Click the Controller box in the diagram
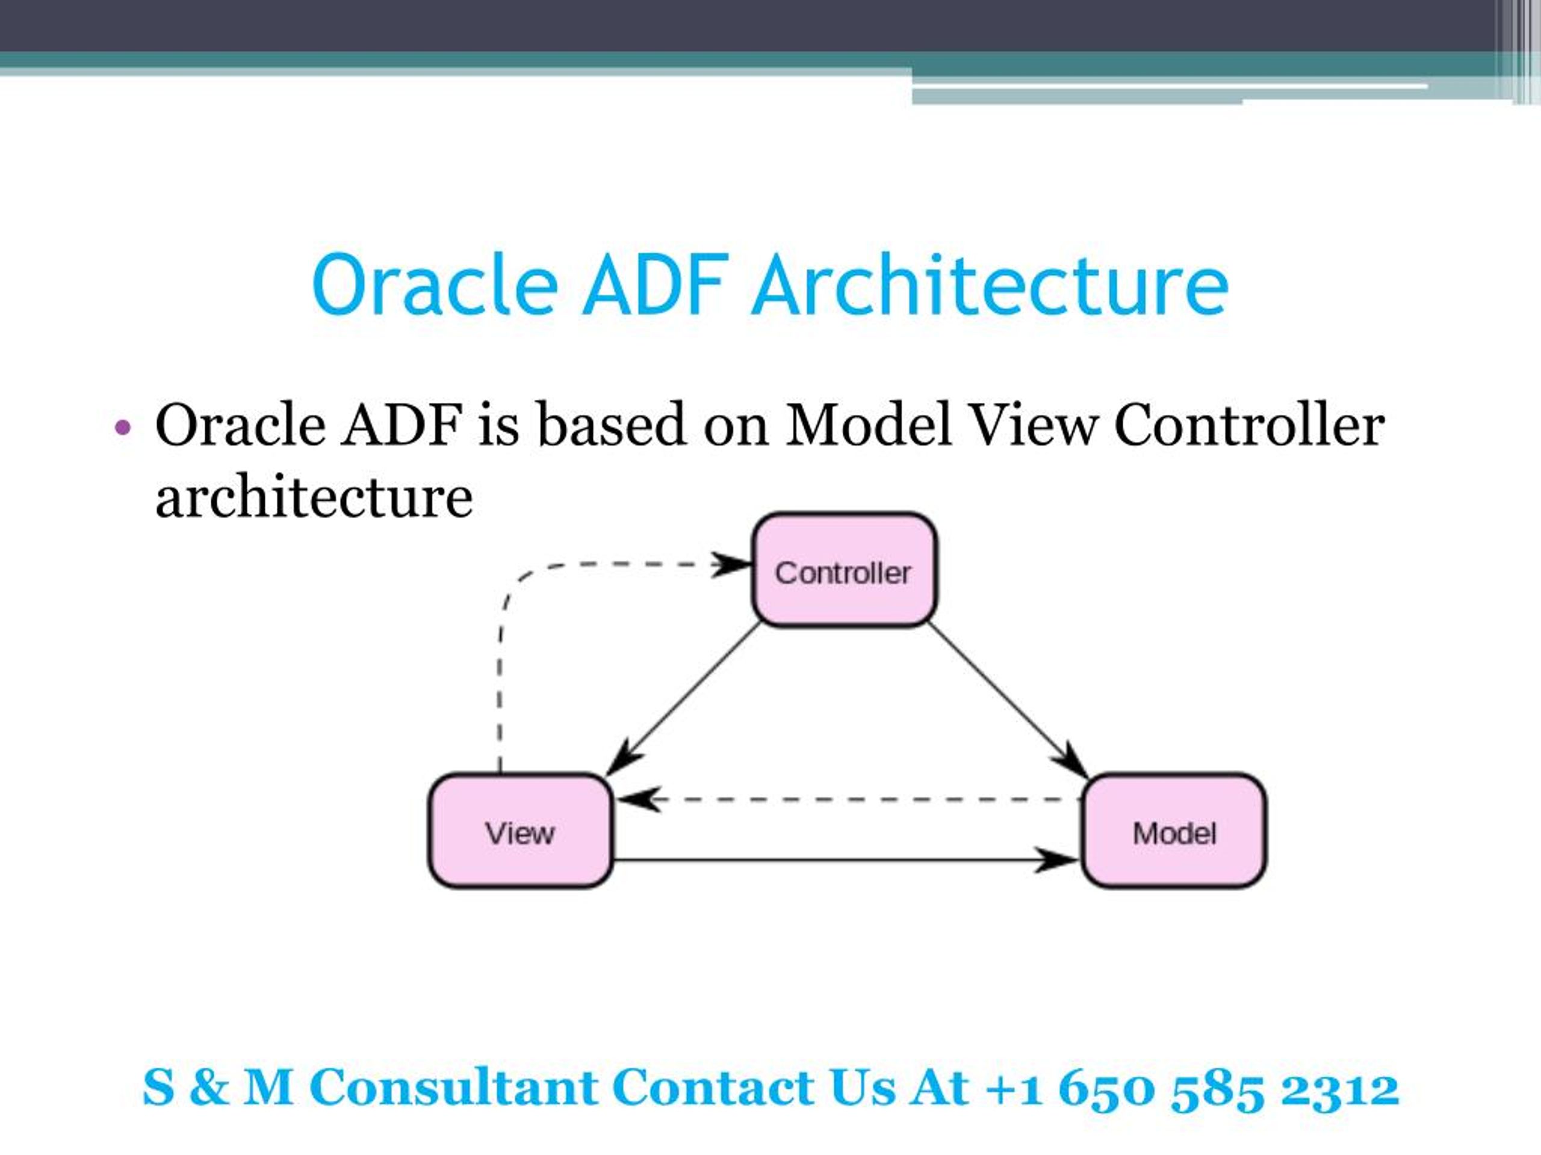coord(844,570)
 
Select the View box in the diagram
coord(519,831)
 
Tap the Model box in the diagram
coord(1173,831)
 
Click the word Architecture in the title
coord(989,286)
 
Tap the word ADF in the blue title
coord(656,286)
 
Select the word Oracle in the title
coord(435,286)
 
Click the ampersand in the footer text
coord(208,1087)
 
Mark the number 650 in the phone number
coord(1106,1088)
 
